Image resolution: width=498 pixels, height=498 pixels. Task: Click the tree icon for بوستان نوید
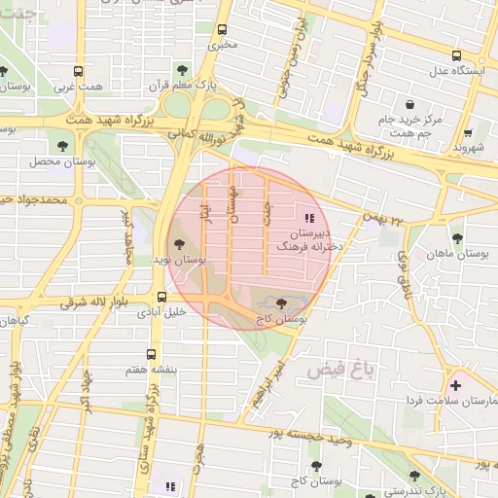point(178,244)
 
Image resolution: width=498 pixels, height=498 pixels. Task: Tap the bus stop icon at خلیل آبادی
point(162,297)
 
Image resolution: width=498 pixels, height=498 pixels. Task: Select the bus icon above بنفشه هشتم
point(151,355)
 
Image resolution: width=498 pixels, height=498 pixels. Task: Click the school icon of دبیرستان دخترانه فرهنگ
point(310,218)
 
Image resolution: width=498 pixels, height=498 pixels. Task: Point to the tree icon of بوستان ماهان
point(457,238)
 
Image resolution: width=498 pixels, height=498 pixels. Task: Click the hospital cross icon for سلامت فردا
point(455,385)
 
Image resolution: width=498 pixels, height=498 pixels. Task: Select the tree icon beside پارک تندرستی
point(414,476)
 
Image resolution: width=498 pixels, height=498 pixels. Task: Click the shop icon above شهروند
point(468,132)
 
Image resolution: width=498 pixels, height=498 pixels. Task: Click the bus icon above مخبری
point(223,29)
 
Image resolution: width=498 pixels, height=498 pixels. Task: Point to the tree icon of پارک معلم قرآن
point(182,70)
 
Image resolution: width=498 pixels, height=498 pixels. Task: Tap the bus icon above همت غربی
point(78,71)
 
